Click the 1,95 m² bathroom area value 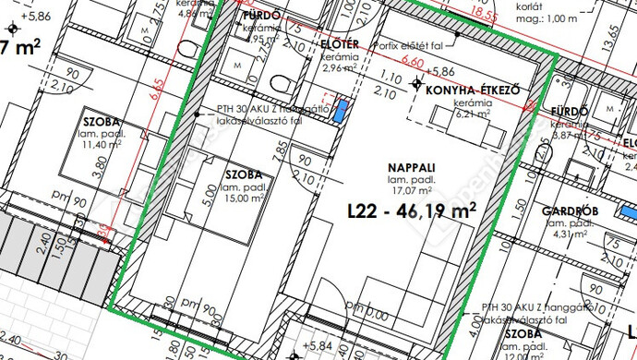[x=261, y=40]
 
